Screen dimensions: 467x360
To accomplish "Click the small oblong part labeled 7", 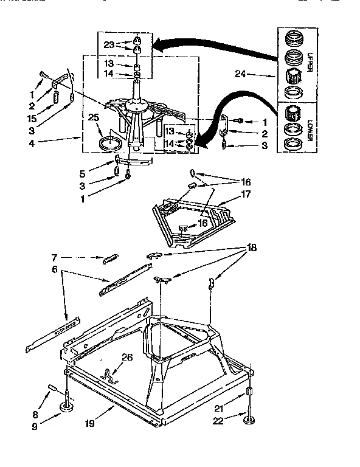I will pos(110,258).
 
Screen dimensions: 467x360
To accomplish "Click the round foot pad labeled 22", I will pos(249,419).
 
